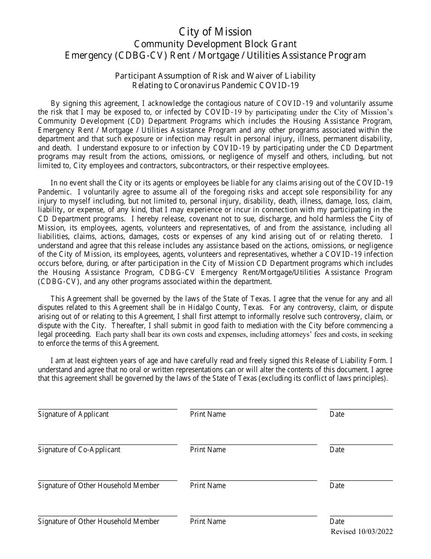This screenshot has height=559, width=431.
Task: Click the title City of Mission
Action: [215, 32]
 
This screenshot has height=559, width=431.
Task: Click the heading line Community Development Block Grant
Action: [215, 44]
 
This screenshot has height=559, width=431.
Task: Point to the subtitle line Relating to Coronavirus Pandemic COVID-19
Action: [215, 85]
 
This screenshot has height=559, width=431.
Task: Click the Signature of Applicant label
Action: [73, 414]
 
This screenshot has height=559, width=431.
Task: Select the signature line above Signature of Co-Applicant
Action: [108, 444]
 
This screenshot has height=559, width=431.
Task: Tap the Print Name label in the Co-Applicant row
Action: [208, 449]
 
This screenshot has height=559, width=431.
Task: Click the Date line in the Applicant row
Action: [361, 409]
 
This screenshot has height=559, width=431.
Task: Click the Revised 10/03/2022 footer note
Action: [362, 532]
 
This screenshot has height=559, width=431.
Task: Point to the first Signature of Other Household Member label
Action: [98, 485]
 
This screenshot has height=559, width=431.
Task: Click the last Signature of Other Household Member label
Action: [98, 521]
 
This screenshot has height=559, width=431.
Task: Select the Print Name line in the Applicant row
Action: [253, 409]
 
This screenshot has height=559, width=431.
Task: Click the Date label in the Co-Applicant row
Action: [337, 449]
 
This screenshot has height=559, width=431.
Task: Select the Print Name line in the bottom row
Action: [253, 516]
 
